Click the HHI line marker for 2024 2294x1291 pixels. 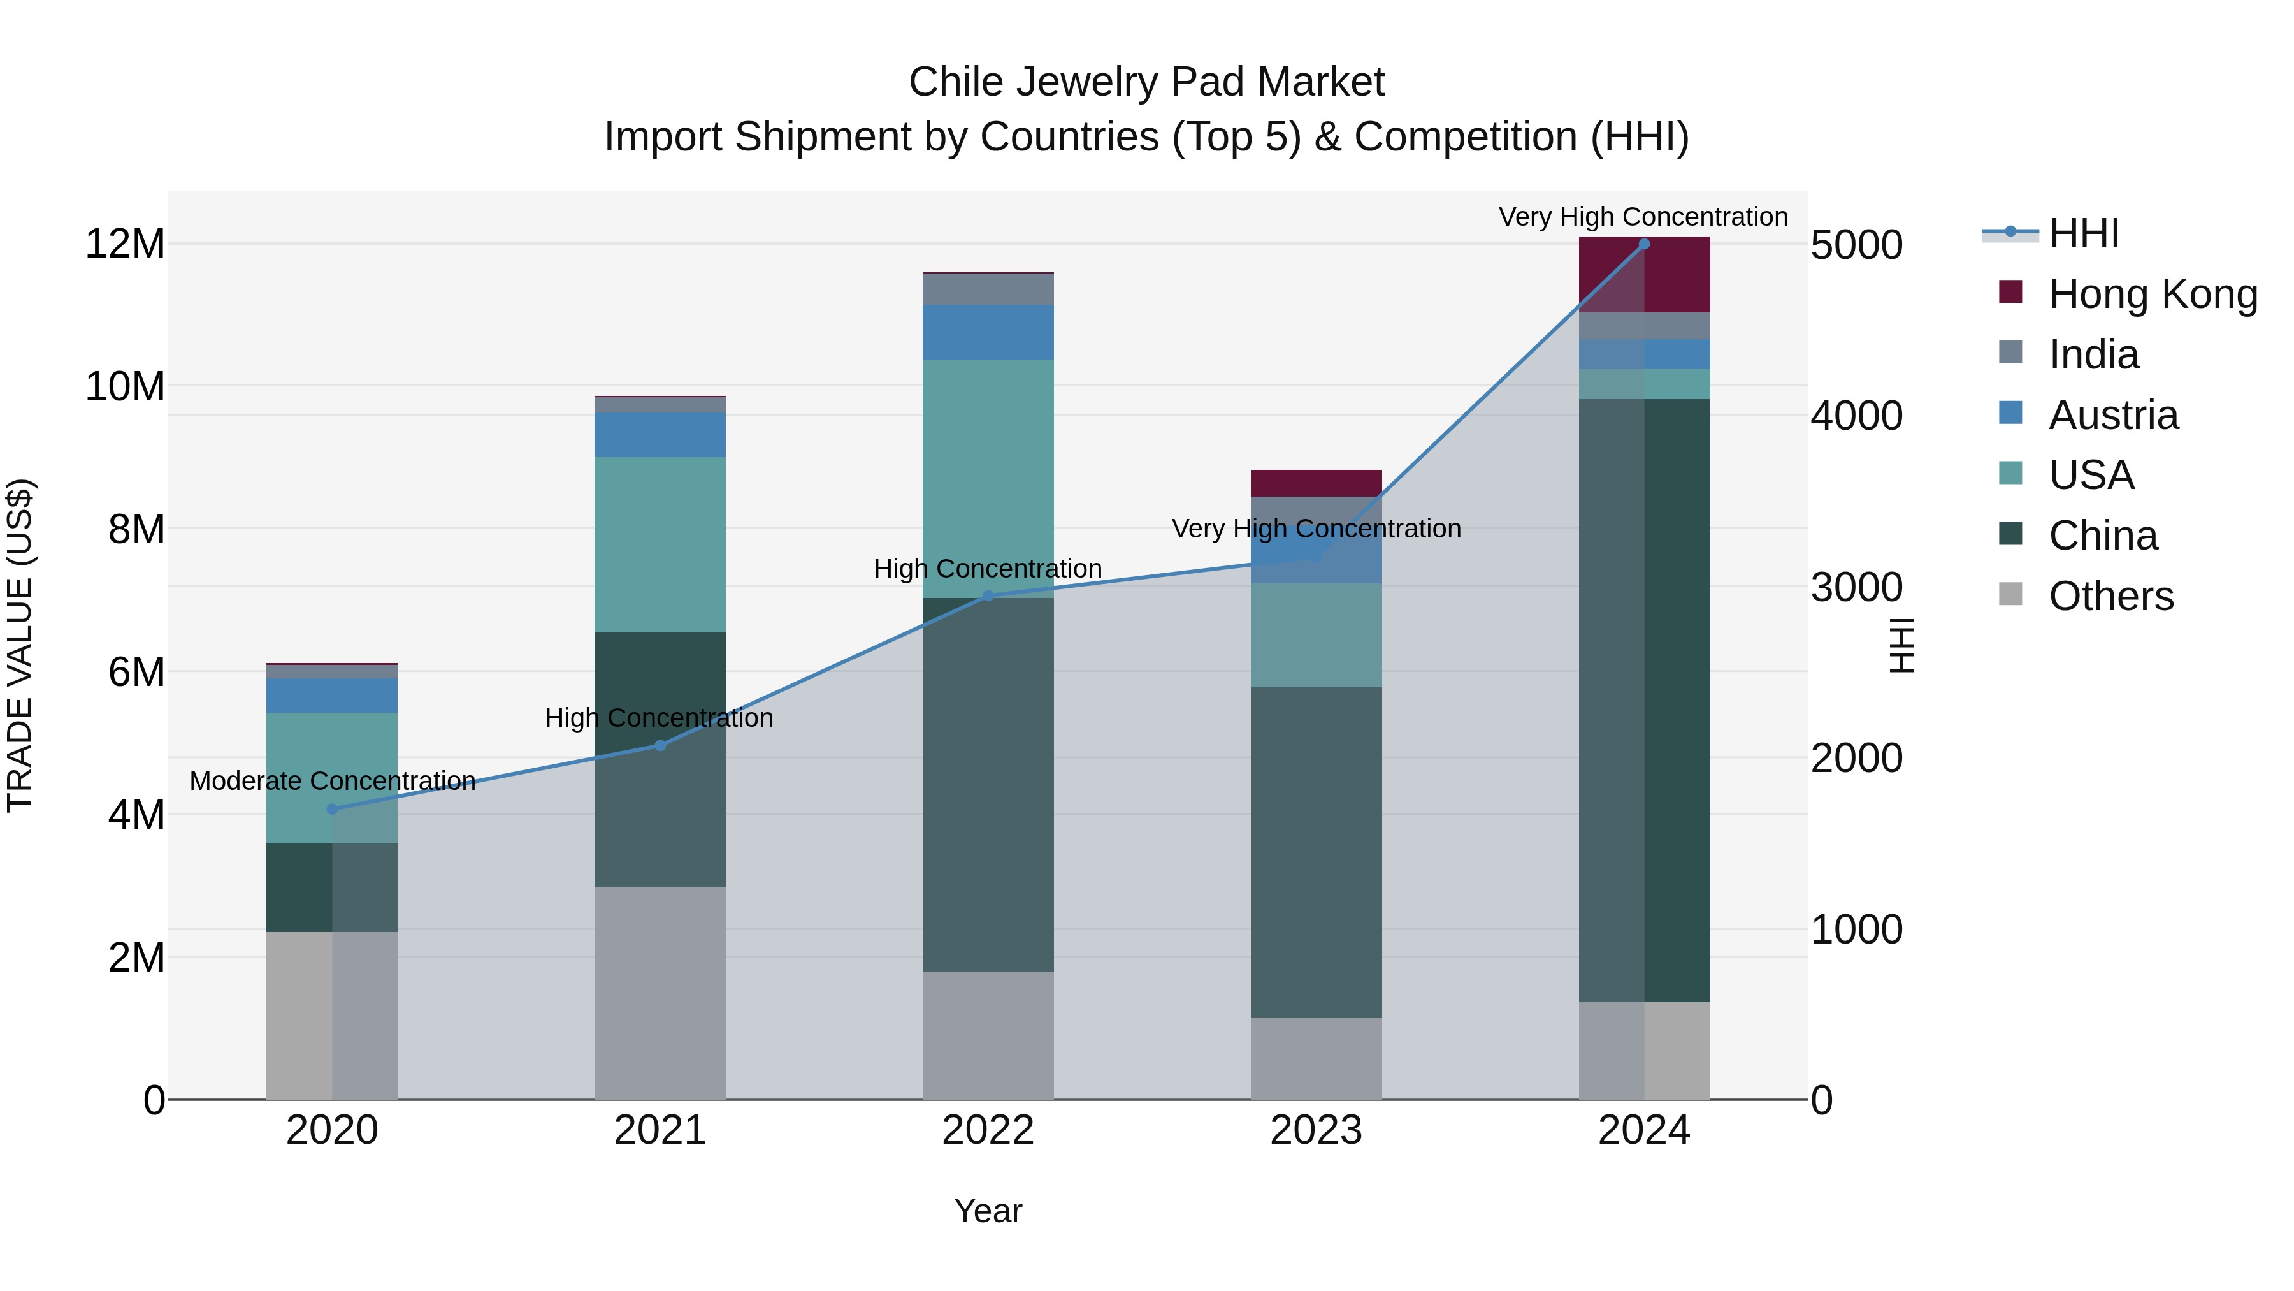[1644, 244]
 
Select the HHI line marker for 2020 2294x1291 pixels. [332, 809]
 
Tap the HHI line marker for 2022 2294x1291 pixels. [988, 596]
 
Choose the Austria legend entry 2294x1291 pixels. [2113, 415]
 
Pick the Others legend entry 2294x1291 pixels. [2110, 596]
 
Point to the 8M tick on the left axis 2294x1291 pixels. [136, 529]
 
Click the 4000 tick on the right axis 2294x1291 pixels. [1857, 416]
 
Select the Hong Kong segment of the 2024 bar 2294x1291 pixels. [1644, 274]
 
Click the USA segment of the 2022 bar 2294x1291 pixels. [988, 478]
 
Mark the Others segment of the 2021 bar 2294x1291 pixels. [660, 993]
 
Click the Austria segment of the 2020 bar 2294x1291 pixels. [332, 695]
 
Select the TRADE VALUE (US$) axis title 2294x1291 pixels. [20, 645]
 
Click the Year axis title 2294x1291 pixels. [988, 1211]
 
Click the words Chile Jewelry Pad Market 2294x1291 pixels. [1146, 82]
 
